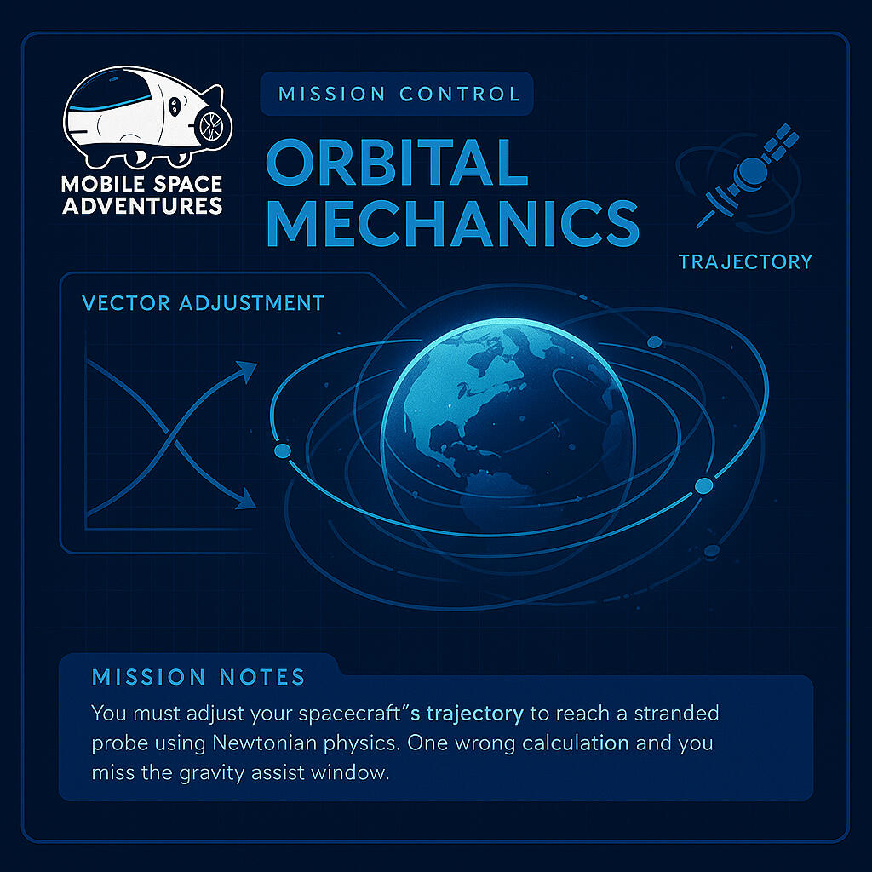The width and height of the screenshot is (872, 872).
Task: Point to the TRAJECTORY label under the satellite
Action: coord(745,261)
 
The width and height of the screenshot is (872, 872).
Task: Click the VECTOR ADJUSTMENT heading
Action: coord(203,303)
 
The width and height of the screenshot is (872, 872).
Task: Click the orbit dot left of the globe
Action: coord(283,450)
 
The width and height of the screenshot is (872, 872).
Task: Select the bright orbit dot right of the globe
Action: coord(703,485)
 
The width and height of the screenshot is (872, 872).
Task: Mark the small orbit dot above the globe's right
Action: coord(654,342)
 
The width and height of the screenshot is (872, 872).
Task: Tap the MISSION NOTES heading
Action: coord(198,678)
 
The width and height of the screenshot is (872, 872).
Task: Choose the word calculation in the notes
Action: coord(576,743)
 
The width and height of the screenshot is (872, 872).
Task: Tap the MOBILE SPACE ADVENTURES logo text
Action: coord(141,194)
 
